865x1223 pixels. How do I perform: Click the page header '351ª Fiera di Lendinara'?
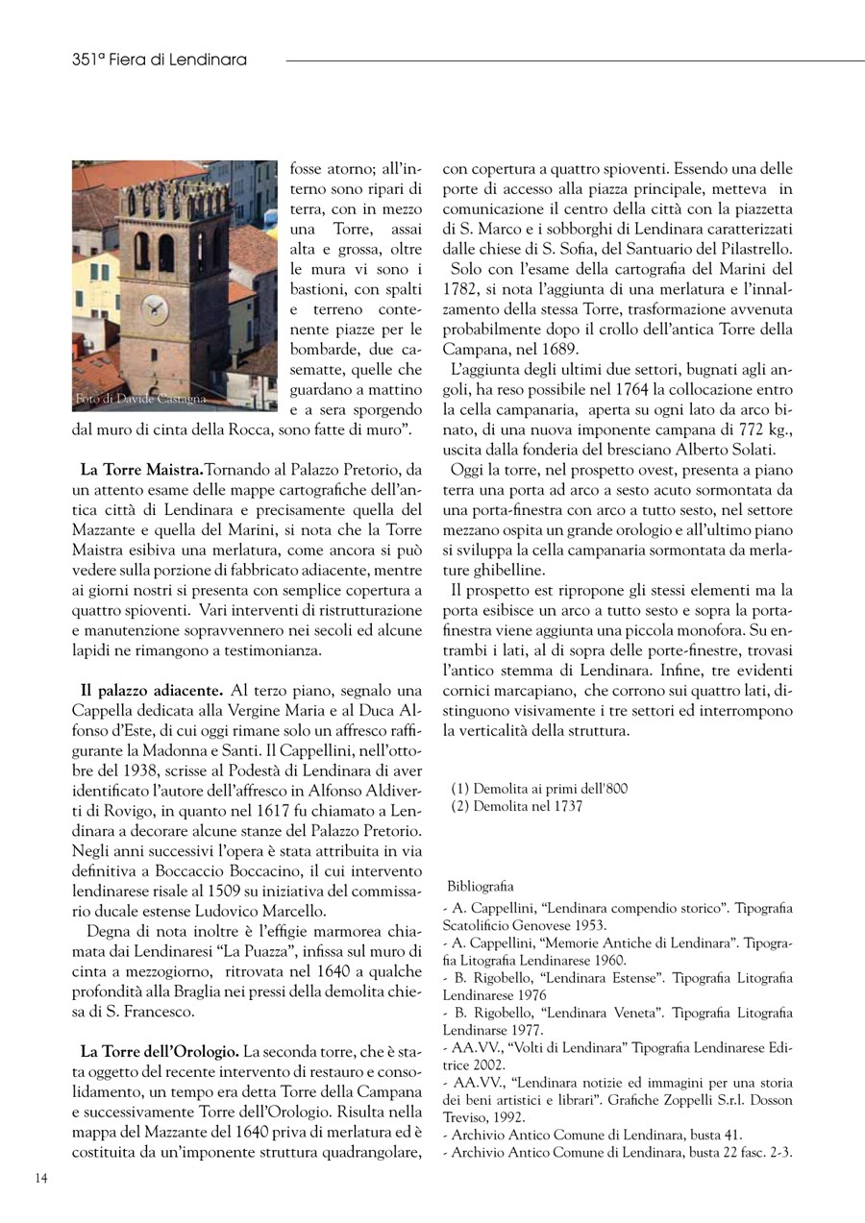pyautogui.click(x=160, y=60)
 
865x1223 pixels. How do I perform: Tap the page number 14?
pyautogui.click(x=42, y=1178)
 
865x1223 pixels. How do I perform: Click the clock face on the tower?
pyautogui.click(x=154, y=309)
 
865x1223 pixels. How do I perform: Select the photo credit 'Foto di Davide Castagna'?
pyautogui.click(x=140, y=398)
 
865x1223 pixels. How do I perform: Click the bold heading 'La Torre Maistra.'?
pyautogui.click(x=141, y=470)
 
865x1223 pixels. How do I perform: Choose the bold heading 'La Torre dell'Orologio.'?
pyautogui.click(x=159, y=1052)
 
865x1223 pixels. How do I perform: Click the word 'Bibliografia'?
pyautogui.click(x=481, y=886)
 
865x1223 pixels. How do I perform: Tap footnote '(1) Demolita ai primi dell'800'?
pyautogui.click(x=539, y=789)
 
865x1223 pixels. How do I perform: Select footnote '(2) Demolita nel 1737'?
pyautogui.click(x=516, y=807)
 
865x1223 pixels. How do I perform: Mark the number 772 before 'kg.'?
pyautogui.click(x=719, y=430)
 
